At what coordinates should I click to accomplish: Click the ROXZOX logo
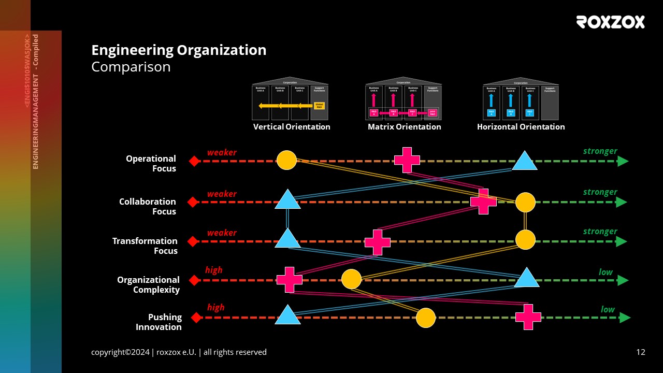click(x=610, y=22)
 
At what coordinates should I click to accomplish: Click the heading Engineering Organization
click(x=179, y=50)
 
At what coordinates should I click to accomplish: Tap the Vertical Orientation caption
click(x=292, y=127)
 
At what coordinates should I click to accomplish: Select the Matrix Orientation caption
click(x=404, y=127)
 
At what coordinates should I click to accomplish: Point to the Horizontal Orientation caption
click(x=521, y=127)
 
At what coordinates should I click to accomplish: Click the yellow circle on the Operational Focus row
click(x=286, y=161)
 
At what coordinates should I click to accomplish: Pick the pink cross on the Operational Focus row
click(x=407, y=160)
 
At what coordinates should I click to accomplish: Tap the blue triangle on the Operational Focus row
click(x=524, y=162)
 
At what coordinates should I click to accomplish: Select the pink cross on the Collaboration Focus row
click(x=483, y=202)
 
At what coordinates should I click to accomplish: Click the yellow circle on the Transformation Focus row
click(x=525, y=240)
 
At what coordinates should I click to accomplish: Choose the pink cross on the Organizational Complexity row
click(x=289, y=280)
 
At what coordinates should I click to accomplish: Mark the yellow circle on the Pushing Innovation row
click(x=426, y=318)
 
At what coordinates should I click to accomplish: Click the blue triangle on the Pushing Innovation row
click(x=287, y=315)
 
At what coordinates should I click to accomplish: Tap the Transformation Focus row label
click(x=145, y=246)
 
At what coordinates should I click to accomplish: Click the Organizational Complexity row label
click(x=148, y=285)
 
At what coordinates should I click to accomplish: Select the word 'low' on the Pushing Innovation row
click(x=608, y=309)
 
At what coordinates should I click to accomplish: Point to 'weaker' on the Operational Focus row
click(x=222, y=152)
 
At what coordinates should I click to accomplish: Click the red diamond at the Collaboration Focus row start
click(x=193, y=202)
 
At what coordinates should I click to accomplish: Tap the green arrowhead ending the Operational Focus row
click(x=623, y=161)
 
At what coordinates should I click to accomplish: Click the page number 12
click(x=641, y=352)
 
